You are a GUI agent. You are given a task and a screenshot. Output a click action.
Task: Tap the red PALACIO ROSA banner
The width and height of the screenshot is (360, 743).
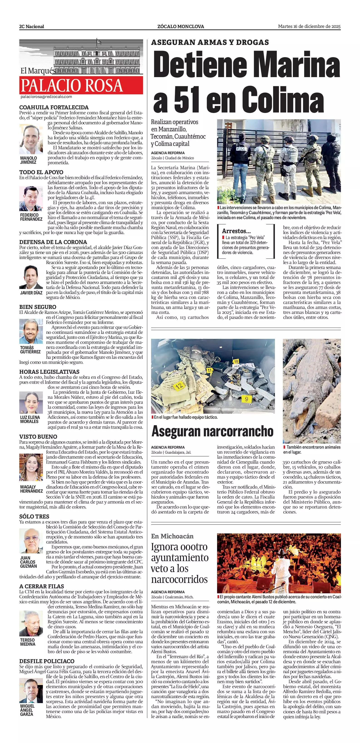pos(81,85)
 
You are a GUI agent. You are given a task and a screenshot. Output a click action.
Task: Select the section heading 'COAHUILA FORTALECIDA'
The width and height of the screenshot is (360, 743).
pos(54,108)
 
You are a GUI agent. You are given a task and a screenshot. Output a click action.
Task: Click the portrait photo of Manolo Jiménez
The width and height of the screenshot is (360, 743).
pos(31,139)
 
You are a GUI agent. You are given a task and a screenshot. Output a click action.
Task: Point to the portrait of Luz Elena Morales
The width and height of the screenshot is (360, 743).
pos(31,402)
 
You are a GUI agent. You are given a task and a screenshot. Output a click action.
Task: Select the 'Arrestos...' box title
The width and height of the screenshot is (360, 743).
pos(236,231)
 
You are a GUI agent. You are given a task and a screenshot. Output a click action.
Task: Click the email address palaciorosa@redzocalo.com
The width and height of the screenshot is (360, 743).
pos(46,97)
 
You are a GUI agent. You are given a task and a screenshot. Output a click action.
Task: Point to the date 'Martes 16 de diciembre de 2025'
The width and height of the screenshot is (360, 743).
pos(309,26)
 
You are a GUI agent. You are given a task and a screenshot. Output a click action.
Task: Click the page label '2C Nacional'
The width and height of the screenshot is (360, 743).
pos(32,27)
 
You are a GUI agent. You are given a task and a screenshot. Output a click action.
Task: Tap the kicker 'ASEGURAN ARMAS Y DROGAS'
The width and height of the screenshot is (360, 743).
pos(210,42)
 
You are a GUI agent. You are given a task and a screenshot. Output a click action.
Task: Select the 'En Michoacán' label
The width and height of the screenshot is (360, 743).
pos(172,536)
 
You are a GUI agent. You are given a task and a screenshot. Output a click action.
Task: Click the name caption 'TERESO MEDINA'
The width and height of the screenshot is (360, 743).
pos(28,642)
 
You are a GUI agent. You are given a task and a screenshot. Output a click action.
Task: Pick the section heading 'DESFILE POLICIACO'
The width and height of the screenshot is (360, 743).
pos(47,661)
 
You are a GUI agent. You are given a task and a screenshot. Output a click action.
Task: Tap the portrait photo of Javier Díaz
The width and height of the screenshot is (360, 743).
pos(31,277)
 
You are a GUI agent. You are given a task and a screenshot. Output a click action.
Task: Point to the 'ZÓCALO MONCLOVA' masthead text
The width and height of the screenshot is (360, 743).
pos(181,27)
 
